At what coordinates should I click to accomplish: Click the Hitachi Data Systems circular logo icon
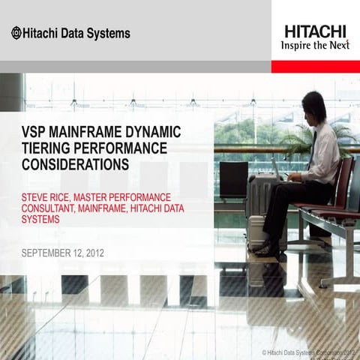pos(16,33)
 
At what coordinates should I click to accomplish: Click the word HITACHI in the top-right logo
pos(315,31)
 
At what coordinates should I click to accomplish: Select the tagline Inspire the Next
pos(314,45)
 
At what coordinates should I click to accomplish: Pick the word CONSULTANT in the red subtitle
pos(52,209)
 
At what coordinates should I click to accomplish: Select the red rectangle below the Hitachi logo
pos(315,66)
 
